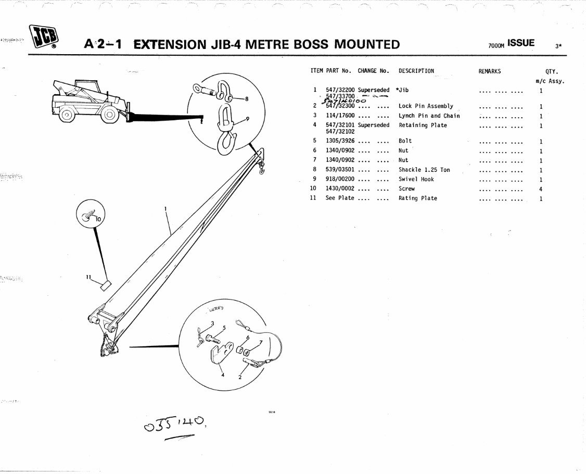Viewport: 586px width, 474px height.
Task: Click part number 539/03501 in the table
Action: [x=340, y=170]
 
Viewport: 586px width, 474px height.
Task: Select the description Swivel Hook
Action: [x=416, y=179]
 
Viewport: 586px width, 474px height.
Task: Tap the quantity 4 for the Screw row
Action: [x=541, y=189]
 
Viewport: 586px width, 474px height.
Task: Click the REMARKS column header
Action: [x=489, y=71]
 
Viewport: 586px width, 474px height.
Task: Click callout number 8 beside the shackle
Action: [x=247, y=98]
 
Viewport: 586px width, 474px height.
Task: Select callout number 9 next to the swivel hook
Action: [x=248, y=119]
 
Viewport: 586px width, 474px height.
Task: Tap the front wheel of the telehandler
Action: [x=109, y=115]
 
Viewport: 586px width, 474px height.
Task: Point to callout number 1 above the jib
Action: [x=165, y=209]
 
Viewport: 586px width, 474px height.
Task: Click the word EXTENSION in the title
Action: [x=169, y=44]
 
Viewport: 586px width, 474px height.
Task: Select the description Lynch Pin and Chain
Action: [x=429, y=116]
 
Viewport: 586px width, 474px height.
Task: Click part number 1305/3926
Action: [x=340, y=141]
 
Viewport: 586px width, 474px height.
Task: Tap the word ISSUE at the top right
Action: [x=521, y=43]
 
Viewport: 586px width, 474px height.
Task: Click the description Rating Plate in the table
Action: [x=417, y=198]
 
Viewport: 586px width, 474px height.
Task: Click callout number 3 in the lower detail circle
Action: [x=212, y=323]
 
